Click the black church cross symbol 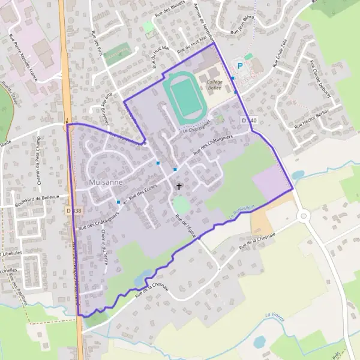(178, 187)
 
